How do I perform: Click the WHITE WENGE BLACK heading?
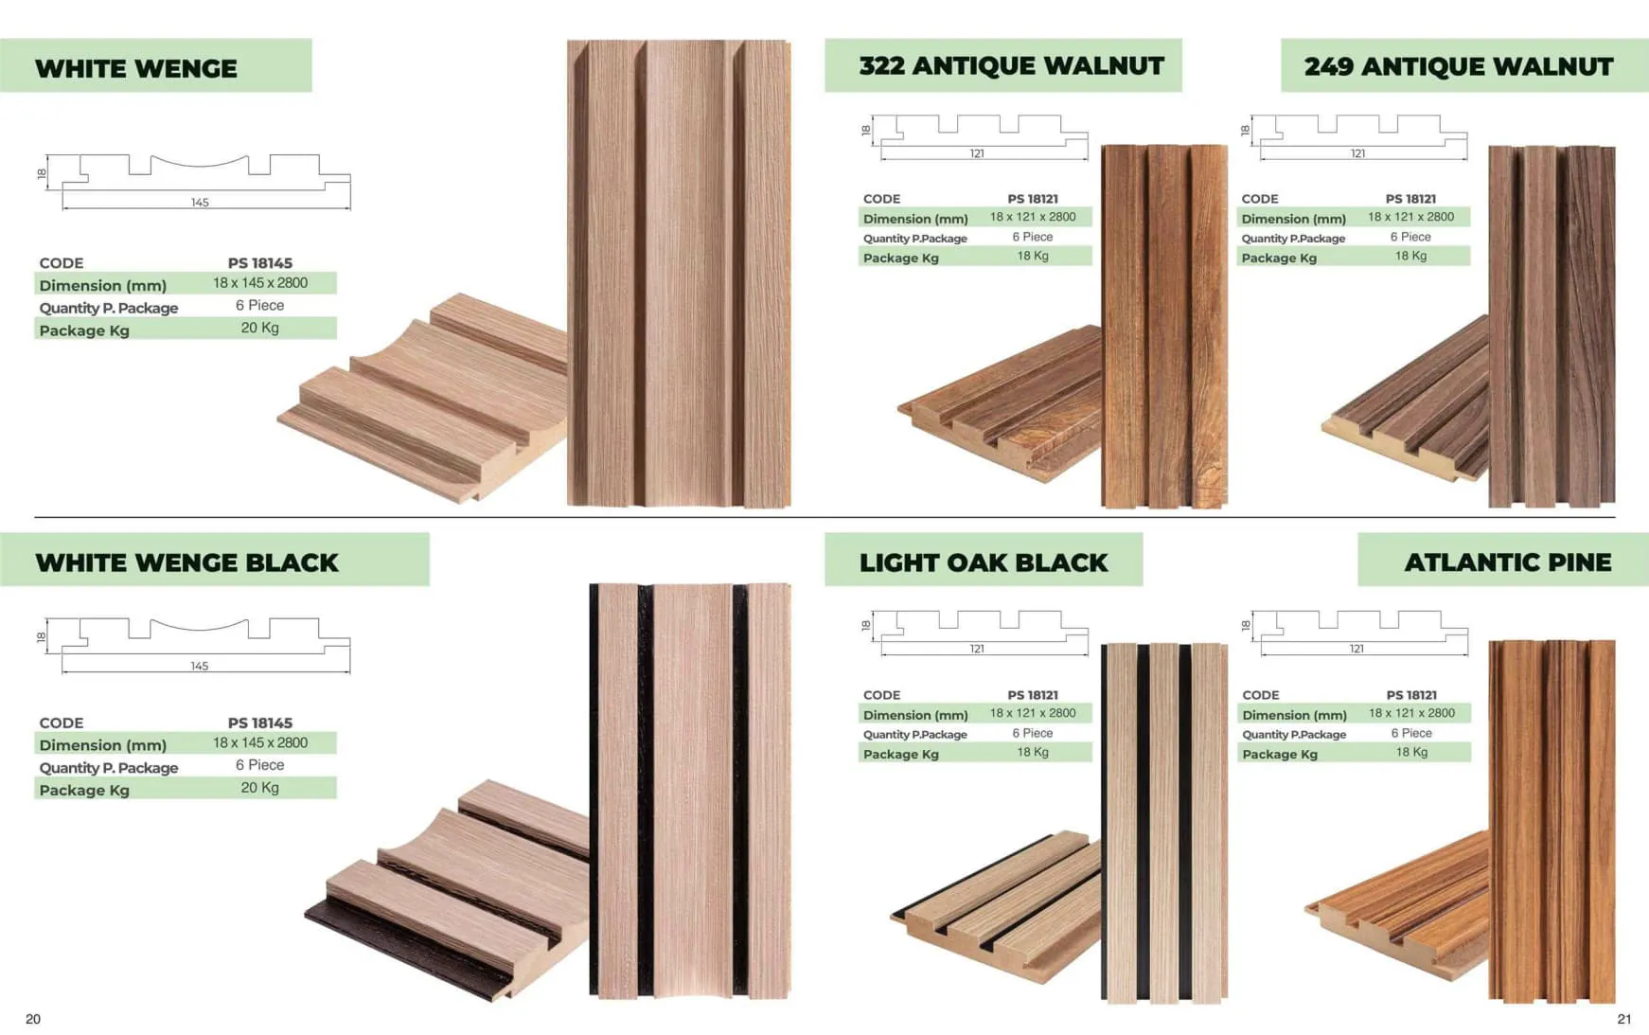click(186, 562)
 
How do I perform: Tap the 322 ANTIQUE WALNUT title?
click(1011, 66)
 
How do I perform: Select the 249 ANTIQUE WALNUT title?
click(1458, 66)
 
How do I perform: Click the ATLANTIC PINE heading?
click(1507, 562)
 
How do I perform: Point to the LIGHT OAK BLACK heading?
click(983, 562)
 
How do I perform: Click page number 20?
click(33, 1019)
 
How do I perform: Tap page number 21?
click(1624, 1019)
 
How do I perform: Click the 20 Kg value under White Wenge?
click(259, 328)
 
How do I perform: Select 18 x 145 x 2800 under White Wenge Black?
click(260, 742)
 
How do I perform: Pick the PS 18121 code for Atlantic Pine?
click(1411, 695)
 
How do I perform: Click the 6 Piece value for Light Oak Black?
click(1033, 733)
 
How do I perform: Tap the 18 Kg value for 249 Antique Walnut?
click(1410, 256)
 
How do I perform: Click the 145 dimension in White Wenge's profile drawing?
click(200, 203)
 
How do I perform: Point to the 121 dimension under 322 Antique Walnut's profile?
click(977, 153)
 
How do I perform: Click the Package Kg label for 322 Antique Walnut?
click(901, 258)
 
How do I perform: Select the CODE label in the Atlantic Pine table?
click(1261, 695)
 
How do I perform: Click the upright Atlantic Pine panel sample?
click(1551, 821)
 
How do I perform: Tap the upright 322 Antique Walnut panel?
click(1164, 327)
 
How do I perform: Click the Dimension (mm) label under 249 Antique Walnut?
click(1294, 219)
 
